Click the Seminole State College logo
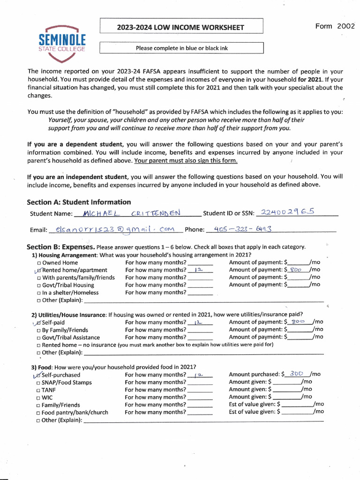pyautogui.click(x=62, y=43)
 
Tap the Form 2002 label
pyautogui.click(x=335, y=26)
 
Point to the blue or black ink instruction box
pyautogui.click(x=181, y=48)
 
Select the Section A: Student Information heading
pyautogui.click(x=79, y=202)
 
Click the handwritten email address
pyautogui.click(x=114, y=230)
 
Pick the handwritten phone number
pyautogui.click(x=243, y=229)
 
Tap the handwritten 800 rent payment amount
pyautogui.click(x=296, y=270)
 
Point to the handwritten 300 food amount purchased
pyautogui.click(x=296, y=374)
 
